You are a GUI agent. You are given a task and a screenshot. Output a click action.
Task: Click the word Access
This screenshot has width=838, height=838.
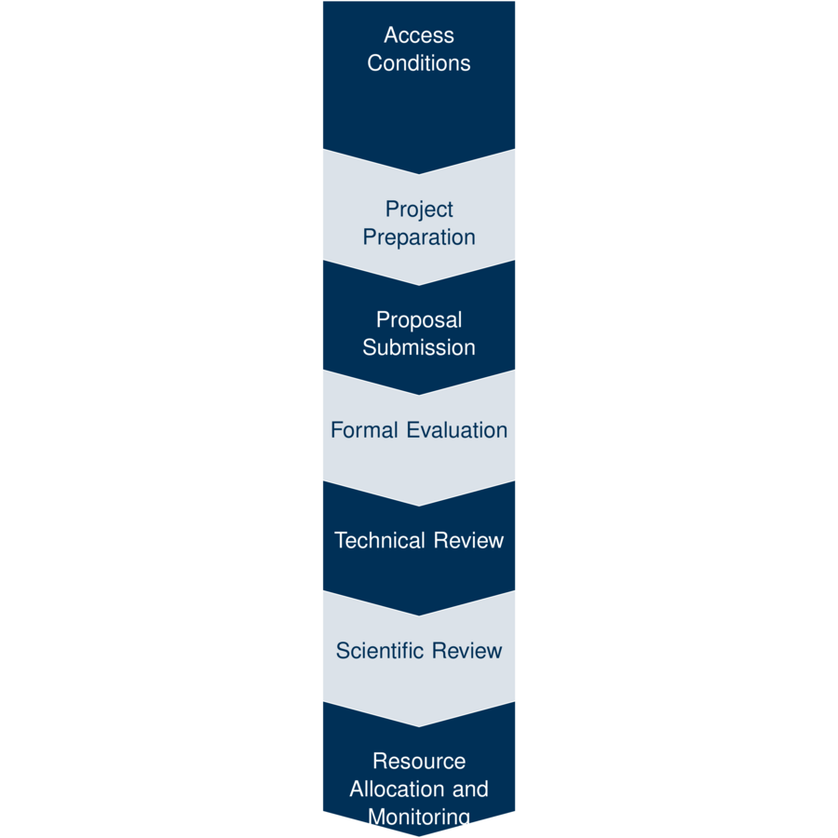[419, 35]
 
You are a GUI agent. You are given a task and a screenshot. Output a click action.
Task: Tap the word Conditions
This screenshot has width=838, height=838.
[419, 63]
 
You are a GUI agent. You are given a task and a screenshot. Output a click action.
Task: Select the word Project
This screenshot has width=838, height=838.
[419, 209]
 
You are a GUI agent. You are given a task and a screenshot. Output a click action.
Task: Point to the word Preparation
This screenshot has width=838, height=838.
[419, 237]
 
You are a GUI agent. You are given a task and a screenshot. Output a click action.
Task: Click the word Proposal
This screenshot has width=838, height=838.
[419, 319]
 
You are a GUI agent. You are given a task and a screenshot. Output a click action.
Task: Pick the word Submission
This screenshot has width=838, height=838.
[419, 347]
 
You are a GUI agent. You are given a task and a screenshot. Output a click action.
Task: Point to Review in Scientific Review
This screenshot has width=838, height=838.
[467, 650]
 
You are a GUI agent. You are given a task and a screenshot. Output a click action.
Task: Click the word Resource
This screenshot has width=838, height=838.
[419, 761]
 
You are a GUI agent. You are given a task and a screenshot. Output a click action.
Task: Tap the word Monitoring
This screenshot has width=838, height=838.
[419, 817]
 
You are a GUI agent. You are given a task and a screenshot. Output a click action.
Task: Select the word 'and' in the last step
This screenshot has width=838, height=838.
[469, 789]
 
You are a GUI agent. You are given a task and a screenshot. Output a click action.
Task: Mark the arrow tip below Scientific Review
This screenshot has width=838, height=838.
[419, 725]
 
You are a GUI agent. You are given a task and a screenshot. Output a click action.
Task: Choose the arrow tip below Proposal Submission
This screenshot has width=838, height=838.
[419, 394]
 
